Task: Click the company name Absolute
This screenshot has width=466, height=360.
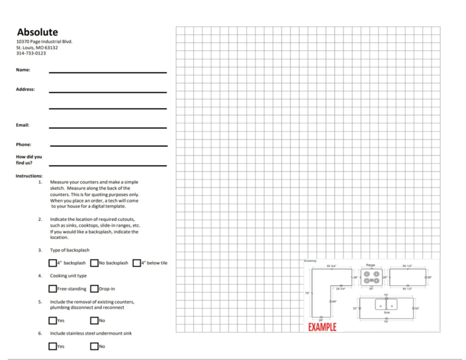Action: pos(37,32)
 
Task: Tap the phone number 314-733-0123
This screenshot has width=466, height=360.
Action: pos(31,53)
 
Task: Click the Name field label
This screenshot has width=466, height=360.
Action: pos(23,70)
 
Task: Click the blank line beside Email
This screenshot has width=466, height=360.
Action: pos(108,127)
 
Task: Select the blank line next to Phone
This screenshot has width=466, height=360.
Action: pos(108,146)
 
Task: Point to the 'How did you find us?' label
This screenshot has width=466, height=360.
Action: pos(29,160)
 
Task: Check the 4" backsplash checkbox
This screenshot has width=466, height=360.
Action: pos(53,263)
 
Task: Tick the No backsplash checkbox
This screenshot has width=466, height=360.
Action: pos(94,263)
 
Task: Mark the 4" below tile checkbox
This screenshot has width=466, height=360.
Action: pos(137,263)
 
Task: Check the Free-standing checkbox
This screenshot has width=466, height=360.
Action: pos(53,289)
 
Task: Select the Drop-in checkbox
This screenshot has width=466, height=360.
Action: pos(94,289)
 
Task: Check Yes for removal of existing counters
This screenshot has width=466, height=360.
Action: pos(53,320)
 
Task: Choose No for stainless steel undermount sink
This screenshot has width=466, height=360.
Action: pos(94,346)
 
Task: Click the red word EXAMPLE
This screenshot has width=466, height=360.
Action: pos(322,327)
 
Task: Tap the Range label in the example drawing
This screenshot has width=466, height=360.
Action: pos(370,265)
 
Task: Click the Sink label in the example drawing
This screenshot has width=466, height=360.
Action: pos(386,313)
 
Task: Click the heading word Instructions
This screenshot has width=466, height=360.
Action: pos(29,176)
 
